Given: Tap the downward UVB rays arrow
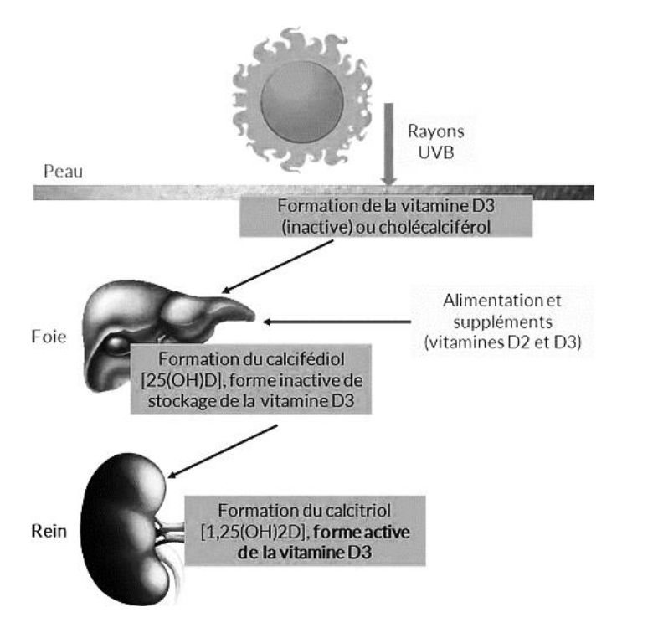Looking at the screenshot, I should tap(388, 142).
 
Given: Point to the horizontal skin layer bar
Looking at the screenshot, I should tap(167, 192).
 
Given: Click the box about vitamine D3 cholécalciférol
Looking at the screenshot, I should tap(384, 215).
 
